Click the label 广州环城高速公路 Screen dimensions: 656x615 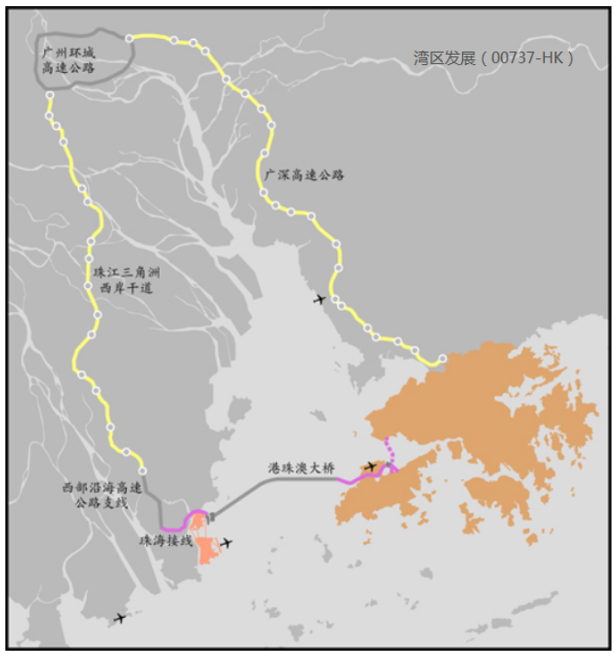click(x=69, y=59)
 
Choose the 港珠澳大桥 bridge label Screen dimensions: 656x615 click(x=301, y=467)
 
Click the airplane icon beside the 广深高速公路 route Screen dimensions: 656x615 click(x=320, y=299)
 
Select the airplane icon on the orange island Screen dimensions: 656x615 click(x=371, y=467)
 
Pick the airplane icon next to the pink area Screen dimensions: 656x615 click(x=227, y=543)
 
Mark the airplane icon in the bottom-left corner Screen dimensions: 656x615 click(x=120, y=618)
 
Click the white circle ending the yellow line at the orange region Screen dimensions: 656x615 click(x=442, y=358)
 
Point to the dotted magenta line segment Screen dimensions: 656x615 click(x=390, y=451)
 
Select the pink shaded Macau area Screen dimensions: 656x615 click(x=207, y=548)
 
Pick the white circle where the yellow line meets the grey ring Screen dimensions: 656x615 click(x=129, y=38)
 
